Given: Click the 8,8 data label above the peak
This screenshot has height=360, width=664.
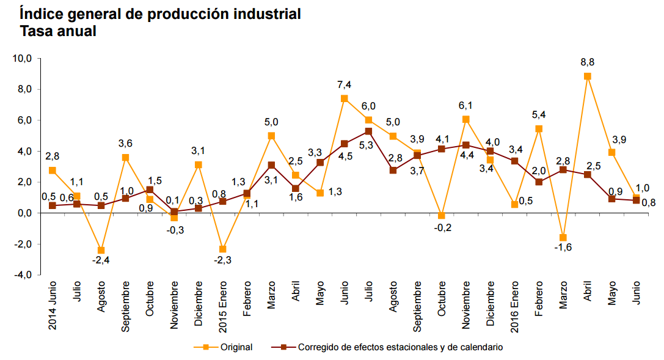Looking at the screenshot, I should [x=587, y=62].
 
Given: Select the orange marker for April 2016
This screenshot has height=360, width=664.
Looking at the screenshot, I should [x=587, y=76].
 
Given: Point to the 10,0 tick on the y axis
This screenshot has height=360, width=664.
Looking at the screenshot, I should [x=23, y=59].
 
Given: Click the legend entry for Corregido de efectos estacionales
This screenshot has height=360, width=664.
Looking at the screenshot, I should [x=399, y=347].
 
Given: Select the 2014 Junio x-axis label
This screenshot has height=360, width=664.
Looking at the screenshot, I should [x=53, y=306].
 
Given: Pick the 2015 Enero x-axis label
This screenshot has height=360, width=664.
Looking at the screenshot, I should [x=224, y=306].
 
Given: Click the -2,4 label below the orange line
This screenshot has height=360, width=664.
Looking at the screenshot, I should [x=100, y=261].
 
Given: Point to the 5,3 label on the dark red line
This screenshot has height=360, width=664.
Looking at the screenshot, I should [x=368, y=145].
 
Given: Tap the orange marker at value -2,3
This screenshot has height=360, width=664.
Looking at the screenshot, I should [x=223, y=249].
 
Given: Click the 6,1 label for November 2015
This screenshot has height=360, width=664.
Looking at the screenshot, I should [x=465, y=106].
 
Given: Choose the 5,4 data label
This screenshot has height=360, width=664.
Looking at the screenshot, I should [x=539, y=114].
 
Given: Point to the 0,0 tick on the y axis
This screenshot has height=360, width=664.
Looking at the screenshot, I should [x=25, y=213].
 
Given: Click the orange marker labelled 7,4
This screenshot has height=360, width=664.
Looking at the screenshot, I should [x=344, y=98].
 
